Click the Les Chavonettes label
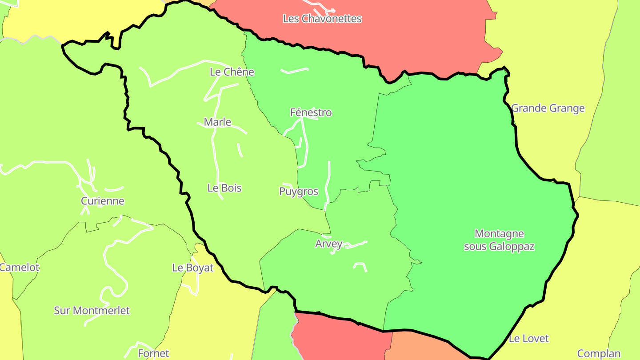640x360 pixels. (x=322, y=19)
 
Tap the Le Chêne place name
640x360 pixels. (x=232, y=72)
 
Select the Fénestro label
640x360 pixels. (x=311, y=112)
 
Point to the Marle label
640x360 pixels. (x=217, y=122)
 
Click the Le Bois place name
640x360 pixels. (x=224, y=188)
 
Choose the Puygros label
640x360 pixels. (x=298, y=192)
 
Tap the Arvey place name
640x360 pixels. (x=328, y=244)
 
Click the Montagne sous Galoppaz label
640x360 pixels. (x=499, y=240)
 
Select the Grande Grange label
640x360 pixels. (x=548, y=108)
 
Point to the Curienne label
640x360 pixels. (x=102, y=201)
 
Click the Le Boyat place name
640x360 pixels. (x=192, y=268)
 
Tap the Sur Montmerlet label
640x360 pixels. (x=92, y=310)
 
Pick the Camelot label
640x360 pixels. (x=19, y=268)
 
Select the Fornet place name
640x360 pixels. (x=153, y=353)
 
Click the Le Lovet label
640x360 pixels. (x=528, y=339)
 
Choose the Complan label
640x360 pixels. (x=598, y=354)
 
